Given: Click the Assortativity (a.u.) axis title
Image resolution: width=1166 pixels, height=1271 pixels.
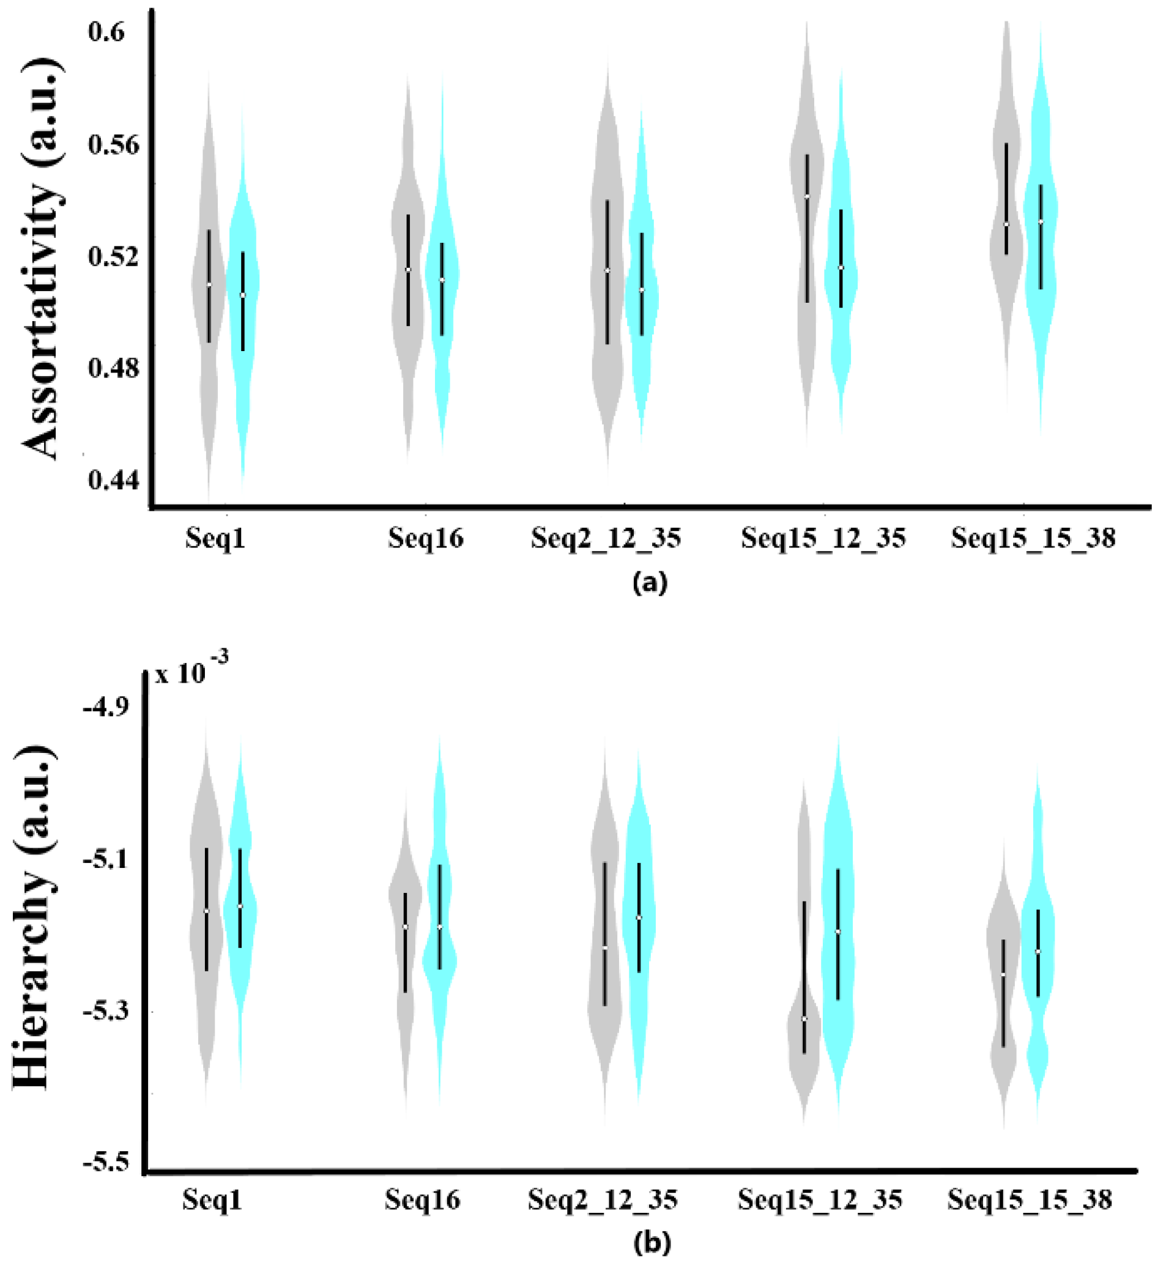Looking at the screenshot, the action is tap(43, 259).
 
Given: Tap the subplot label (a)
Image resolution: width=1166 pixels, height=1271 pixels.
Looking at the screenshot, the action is tap(649, 582).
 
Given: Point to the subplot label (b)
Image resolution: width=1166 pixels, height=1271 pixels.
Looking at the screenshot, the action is tap(652, 1242).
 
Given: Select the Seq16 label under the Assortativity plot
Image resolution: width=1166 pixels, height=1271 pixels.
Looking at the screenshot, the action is tap(425, 538).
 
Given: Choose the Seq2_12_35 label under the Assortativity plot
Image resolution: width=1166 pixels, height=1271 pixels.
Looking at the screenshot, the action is tap(606, 539).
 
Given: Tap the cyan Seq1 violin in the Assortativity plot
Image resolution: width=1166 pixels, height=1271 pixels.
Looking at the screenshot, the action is tap(243, 297).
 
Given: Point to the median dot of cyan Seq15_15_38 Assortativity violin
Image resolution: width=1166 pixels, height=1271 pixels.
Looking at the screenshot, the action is tap(1040, 221).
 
